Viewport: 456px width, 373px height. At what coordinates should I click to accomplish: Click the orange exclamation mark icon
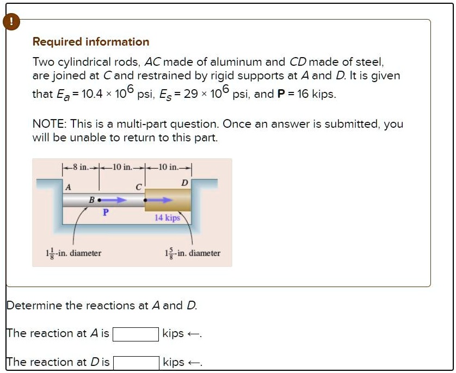[11, 22]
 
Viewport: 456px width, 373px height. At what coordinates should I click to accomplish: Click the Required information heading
[91, 42]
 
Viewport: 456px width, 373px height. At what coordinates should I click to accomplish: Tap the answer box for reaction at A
[136, 334]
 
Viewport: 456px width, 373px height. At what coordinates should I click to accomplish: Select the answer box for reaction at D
[136, 363]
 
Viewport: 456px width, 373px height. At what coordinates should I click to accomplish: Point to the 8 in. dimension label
[81, 167]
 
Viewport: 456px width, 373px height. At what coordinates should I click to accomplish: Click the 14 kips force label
[167, 217]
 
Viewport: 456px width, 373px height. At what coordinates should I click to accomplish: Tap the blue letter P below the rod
[106, 213]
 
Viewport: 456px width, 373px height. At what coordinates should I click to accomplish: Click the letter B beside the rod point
[91, 200]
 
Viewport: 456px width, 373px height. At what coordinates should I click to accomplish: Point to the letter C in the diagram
[139, 187]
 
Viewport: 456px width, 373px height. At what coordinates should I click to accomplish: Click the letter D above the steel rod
[184, 183]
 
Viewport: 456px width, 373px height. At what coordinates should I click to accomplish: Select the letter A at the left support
[68, 187]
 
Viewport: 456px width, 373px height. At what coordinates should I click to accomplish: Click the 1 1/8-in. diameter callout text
[73, 253]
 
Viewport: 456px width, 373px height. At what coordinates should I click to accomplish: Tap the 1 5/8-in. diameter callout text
[193, 253]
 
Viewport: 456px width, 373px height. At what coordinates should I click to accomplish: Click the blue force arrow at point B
[113, 200]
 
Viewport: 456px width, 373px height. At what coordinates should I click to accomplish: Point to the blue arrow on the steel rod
[159, 200]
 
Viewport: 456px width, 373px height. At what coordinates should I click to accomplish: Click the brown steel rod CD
[168, 200]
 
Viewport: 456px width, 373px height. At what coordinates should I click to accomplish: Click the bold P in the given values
[281, 94]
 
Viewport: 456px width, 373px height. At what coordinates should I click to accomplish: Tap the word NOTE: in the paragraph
[50, 124]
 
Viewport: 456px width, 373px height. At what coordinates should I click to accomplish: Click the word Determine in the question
[34, 306]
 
